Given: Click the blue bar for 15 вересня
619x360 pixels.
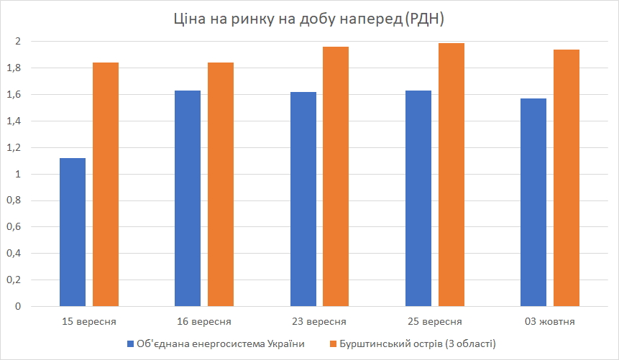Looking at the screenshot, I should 73,232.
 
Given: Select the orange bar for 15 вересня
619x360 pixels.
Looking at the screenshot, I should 106,185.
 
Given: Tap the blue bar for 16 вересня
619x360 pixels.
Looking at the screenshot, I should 188,198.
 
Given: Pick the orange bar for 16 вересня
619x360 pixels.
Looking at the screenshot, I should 221,185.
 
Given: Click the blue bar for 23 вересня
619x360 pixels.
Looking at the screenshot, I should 303,199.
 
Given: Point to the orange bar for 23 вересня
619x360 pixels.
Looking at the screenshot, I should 336,177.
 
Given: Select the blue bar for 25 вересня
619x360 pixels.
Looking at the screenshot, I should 418,198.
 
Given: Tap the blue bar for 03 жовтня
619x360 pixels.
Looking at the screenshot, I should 533,203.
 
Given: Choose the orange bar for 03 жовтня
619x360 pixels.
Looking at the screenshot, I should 567,178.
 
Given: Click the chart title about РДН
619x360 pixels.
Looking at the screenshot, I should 310,19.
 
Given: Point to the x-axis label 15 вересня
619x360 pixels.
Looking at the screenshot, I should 89,321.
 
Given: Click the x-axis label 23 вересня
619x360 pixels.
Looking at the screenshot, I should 320,321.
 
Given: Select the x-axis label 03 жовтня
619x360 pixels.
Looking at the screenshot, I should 550,321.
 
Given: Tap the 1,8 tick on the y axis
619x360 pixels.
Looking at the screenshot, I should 14,68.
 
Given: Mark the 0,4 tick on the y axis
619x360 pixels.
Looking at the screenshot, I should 14,254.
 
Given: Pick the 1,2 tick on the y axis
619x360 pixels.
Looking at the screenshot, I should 14,148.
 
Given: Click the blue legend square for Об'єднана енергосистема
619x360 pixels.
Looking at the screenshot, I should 130,343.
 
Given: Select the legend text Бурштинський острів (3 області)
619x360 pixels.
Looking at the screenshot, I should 419,343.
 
